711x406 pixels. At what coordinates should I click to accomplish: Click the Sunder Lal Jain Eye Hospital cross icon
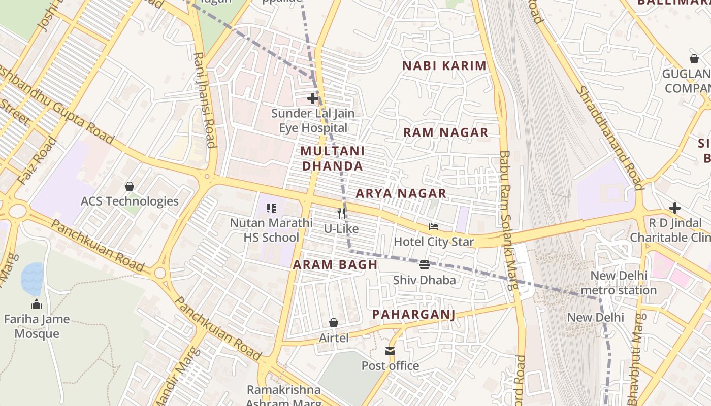click(x=313, y=98)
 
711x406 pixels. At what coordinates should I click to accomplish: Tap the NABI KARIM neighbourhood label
click(x=444, y=66)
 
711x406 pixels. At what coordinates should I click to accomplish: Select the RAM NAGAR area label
click(x=445, y=132)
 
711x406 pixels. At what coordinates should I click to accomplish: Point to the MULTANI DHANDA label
click(x=332, y=158)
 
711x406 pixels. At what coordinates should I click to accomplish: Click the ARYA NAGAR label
click(x=401, y=193)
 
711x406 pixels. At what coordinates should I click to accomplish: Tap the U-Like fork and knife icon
click(x=341, y=214)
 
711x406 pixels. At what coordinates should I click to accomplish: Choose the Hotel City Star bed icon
click(x=433, y=227)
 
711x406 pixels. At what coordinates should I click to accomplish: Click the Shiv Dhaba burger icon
click(x=425, y=264)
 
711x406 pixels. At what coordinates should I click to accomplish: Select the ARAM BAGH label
click(x=335, y=264)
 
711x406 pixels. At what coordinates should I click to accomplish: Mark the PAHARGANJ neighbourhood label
click(x=413, y=315)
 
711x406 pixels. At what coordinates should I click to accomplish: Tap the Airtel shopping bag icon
click(x=334, y=323)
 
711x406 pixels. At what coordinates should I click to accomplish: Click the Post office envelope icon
click(x=390, y=351)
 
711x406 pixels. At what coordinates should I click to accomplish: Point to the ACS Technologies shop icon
click(x=130, y=186)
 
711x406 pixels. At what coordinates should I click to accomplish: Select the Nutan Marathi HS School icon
click(x=271, y=208)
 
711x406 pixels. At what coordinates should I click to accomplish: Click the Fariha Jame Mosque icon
click(x=37, y=304)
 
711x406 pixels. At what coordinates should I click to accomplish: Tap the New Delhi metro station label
click(x=619, y=283)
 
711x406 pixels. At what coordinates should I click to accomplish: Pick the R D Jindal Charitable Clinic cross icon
click(x=674, y=208)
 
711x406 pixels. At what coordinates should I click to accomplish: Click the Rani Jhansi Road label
click(x=205, y=99)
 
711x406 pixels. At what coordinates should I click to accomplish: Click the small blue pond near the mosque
click(x=32, y=279)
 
